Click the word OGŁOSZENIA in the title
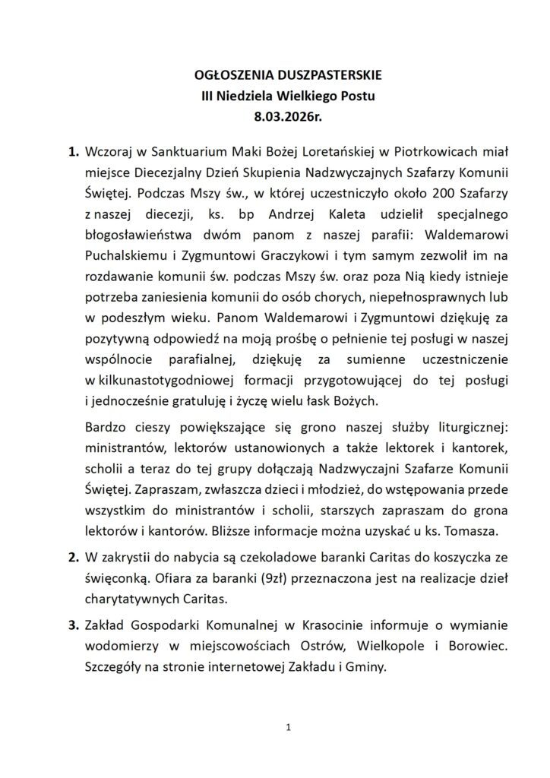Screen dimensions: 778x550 tap(222, 77)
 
